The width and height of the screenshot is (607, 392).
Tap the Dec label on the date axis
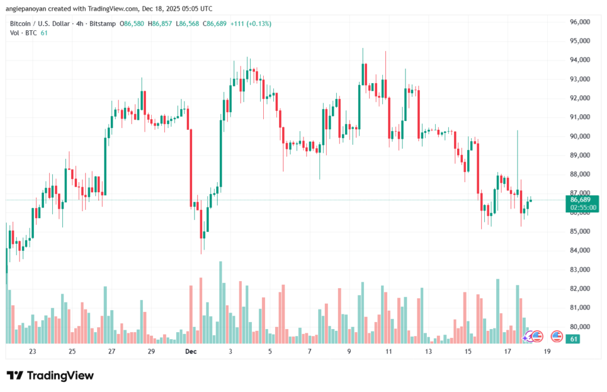(190, 352)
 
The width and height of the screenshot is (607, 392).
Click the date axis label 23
(32, 352)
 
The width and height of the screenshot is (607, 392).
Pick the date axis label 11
(389, 352)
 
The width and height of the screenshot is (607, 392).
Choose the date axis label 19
(547, 352)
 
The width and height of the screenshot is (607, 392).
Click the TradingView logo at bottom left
(50, 375)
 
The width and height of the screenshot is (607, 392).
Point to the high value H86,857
(161, 24)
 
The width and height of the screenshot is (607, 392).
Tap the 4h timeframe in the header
(77, 24)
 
